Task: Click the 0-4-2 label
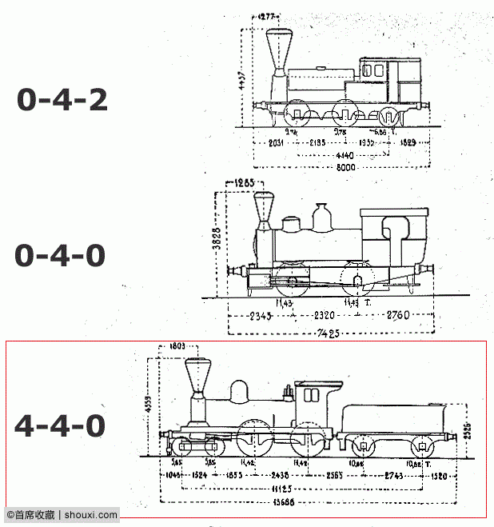62,100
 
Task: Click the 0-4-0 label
60,256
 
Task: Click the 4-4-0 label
60,425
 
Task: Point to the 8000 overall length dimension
345,167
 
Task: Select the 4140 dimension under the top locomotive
345,154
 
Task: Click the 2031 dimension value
277,142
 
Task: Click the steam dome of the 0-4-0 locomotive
322,215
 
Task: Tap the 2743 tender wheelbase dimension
393,475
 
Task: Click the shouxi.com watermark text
90,515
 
